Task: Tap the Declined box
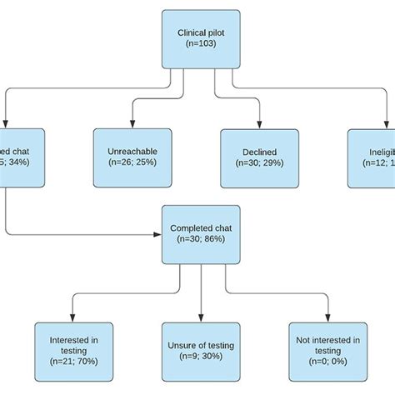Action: click(x=259, y=156)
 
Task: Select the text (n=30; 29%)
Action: click(x=259, y=162)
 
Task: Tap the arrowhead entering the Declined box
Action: click(x=259, y=124)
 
